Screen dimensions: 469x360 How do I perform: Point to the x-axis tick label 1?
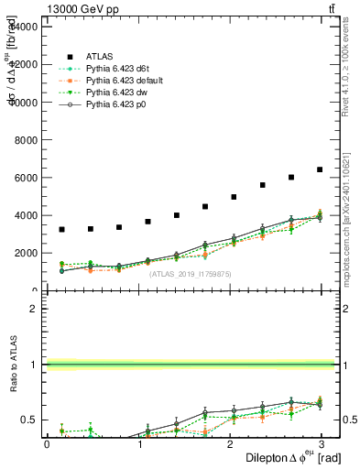pos(139,443)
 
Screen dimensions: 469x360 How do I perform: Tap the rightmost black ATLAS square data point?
pos(320,169)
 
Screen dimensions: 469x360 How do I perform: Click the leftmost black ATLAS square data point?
pos(61,229)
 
